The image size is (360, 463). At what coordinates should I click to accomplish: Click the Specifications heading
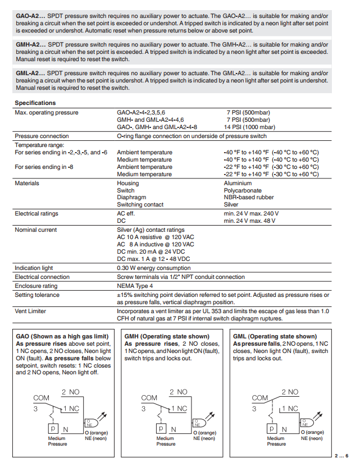[x=35, y=103]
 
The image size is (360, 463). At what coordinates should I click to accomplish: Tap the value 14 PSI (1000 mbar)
[x=250, y=127]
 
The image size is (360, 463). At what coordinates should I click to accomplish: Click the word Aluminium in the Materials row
[x=238, y=183]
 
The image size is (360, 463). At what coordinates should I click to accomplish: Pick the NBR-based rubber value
[x=248, y=198]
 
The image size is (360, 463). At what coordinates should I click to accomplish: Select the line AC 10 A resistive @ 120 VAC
[x=156, y=237]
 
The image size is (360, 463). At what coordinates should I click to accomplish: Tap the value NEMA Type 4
[x=135, y=286]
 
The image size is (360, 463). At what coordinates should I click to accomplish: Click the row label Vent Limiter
[x=31, y=311]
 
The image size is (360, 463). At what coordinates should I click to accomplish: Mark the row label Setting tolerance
[x=37, y=295]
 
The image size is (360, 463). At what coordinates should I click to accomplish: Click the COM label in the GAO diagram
[x=41, y=398]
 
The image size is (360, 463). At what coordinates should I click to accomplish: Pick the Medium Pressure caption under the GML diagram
[x=276, y=441]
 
